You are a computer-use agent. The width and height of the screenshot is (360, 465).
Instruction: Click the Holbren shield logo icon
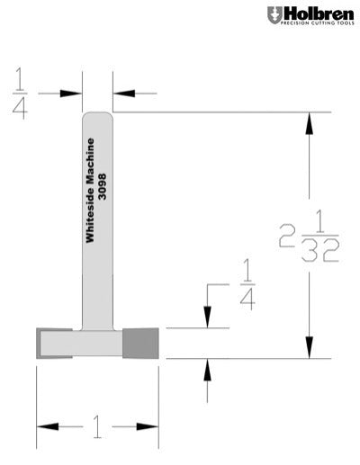pyautogui.click(x=274, y=15)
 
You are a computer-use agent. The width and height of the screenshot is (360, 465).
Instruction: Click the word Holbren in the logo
pyautogui.click(x=314, y=13)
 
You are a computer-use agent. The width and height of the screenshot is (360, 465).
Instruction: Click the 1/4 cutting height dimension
pyautogui.click(x=246, y=283)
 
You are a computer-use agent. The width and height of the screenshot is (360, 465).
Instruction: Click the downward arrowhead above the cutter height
pyautogui.click(x=208, y=317)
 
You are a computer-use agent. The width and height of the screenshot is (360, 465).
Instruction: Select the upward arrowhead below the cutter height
pyautogui.click(x=208, y=370)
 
